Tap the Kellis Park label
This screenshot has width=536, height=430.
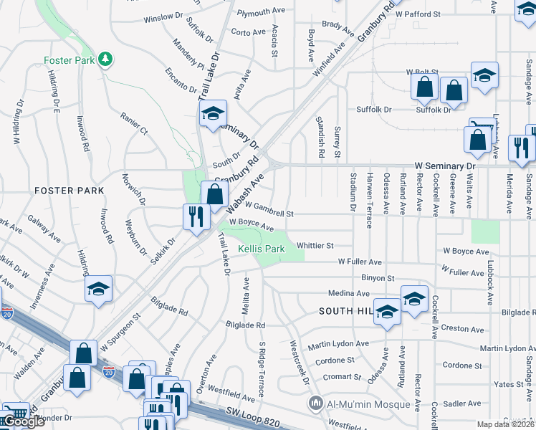coord(262,249)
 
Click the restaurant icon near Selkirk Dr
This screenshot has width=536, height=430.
coord(195,216)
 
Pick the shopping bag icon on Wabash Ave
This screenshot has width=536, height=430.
coord(215,193)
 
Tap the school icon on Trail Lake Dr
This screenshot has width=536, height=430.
coord(212,114)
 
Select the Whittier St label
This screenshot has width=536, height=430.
coord(315,245)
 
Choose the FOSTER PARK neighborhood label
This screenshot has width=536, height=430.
coord(69,191)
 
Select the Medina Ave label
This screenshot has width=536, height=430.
coord(348,293)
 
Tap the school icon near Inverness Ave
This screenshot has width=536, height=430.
coord(98,290)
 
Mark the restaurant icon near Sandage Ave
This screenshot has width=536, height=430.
coord(522,147)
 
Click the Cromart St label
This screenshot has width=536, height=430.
coord(342,376)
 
